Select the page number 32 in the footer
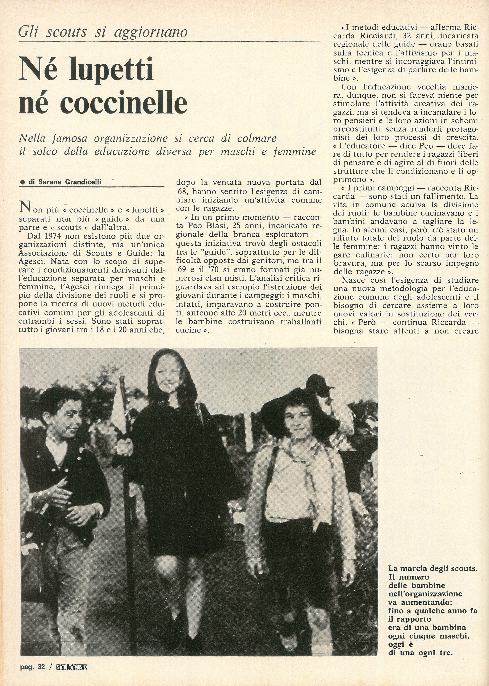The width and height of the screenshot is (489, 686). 41,675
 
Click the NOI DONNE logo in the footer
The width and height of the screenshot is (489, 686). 71,675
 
